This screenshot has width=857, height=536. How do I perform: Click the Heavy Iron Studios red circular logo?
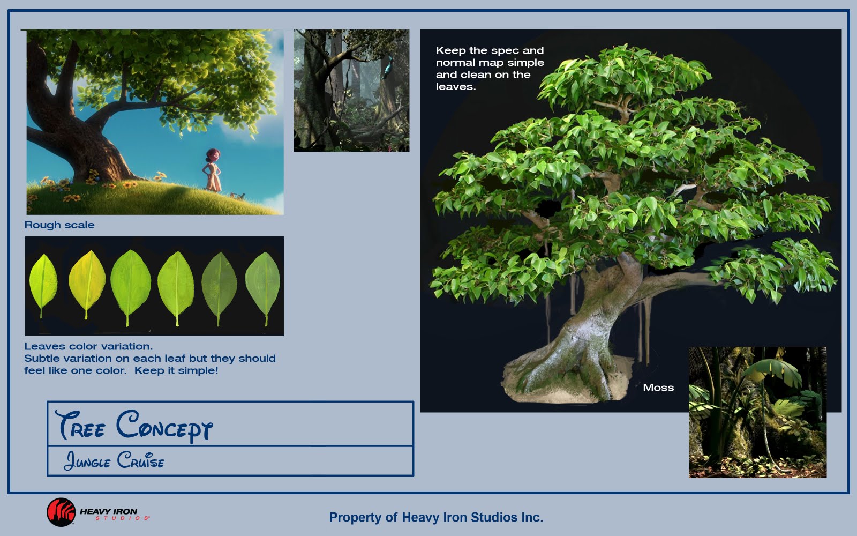61,512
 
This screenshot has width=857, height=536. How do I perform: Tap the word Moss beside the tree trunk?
658,388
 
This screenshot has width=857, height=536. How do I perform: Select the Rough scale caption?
59,225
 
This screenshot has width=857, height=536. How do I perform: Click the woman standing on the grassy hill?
212,170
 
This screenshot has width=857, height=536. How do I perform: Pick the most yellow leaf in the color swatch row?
87,284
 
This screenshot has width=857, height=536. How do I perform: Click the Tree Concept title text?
134,426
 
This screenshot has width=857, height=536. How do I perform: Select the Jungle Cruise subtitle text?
114,460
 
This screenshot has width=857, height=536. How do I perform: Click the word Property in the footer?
356,518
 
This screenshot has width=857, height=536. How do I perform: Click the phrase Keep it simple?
176,370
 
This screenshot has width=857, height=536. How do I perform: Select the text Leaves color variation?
88,346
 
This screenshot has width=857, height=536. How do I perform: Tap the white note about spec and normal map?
490,69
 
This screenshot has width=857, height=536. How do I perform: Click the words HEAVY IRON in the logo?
108,511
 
